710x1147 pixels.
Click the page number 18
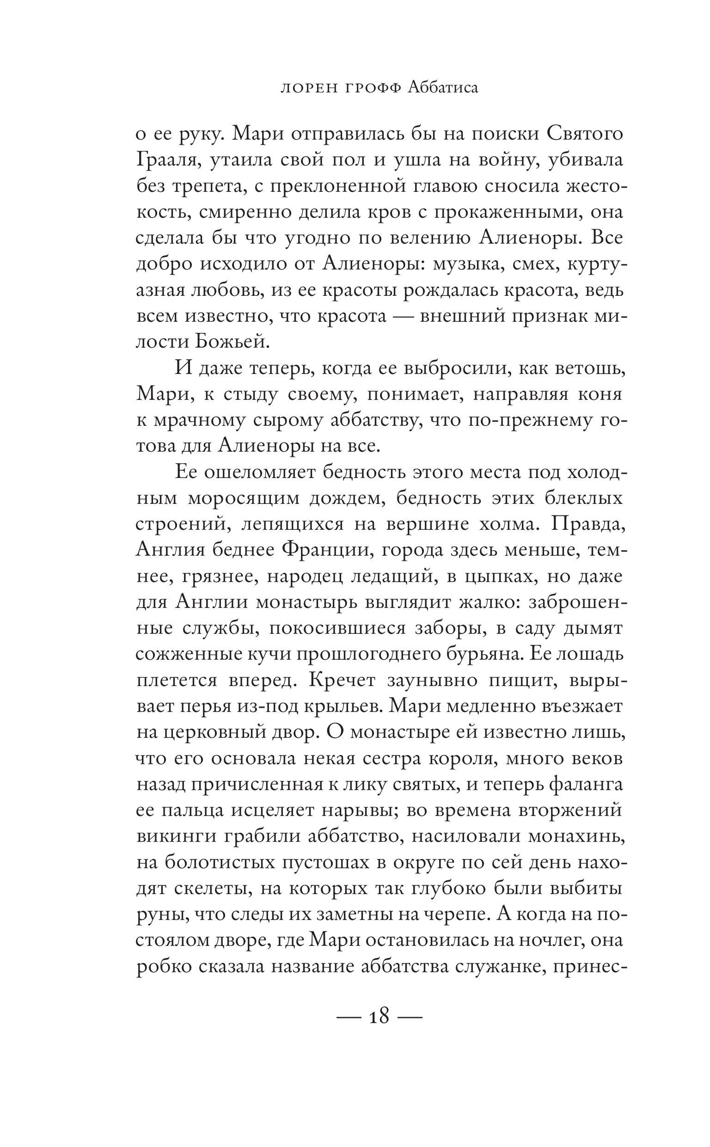(379, 1016)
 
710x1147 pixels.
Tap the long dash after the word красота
(403, 315)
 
